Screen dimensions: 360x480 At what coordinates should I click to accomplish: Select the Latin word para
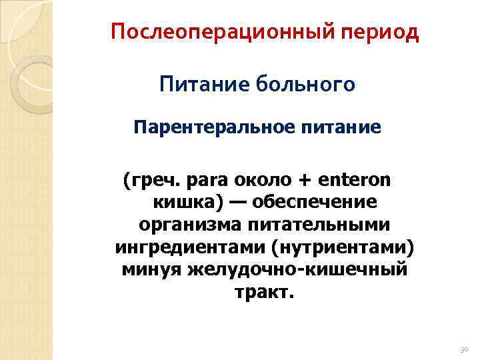[x=207, y=181]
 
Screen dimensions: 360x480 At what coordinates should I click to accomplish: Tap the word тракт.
[x=264, y=293]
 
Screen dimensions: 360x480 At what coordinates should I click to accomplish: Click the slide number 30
[x=464, y=349]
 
